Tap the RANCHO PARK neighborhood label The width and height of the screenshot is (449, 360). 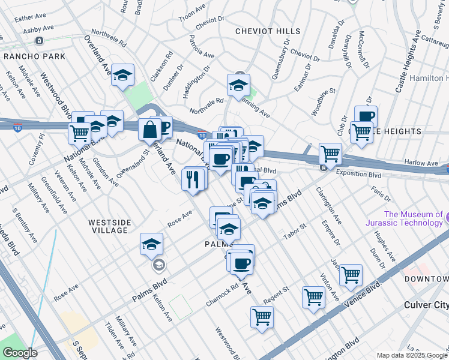pos(29,56)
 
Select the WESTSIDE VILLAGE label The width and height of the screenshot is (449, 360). pos(108,226)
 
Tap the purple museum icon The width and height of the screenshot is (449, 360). pos(439,214)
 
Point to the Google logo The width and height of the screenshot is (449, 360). pos(19,353)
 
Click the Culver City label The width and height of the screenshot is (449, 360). pos(426,305)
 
